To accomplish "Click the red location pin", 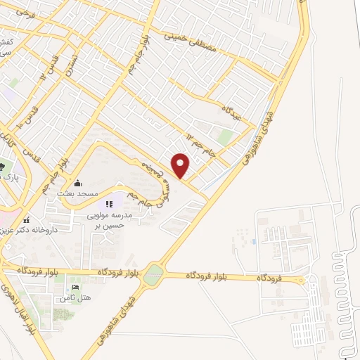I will click(181, 165).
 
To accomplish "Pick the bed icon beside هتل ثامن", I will click(76, 288).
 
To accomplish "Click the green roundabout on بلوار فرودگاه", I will click(153, 276).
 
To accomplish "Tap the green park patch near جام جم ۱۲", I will click(225, 136).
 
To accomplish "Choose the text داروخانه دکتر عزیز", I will click(28, 230).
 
